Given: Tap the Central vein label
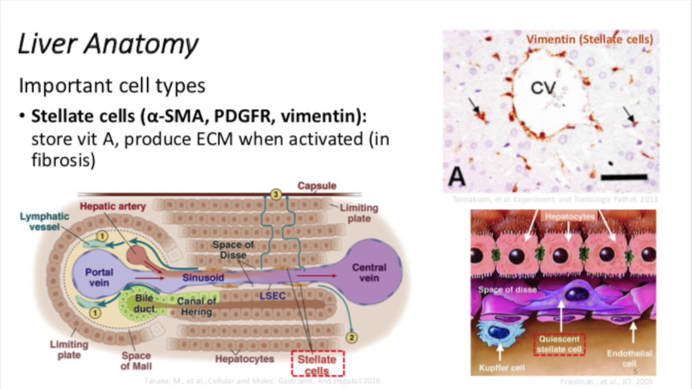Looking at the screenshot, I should click(x=369, y=272).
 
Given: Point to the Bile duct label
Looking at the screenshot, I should click(x=144, y=304).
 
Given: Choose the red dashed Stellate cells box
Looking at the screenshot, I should click(x=317, y=364).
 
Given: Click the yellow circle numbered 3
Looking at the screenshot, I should click(x=276, y=194).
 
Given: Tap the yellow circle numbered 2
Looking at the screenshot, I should click(x=352, y=338).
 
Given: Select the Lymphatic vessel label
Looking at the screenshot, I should click(x=44, y=221).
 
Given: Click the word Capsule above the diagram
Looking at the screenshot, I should click(x=317, y=186).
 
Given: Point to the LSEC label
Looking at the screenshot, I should click(x=272, y=296).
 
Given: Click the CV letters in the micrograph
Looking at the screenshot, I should click(x=543, y=88).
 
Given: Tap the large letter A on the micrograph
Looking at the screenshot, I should click(x=457, y=177).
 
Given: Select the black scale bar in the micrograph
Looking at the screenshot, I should click(x=623, y=177).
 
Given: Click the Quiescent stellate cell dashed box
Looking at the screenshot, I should click(x=559, y=344).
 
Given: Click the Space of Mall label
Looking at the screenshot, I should click(x=136, y=361).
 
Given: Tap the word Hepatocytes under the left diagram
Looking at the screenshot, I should click(x=244, y=359).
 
